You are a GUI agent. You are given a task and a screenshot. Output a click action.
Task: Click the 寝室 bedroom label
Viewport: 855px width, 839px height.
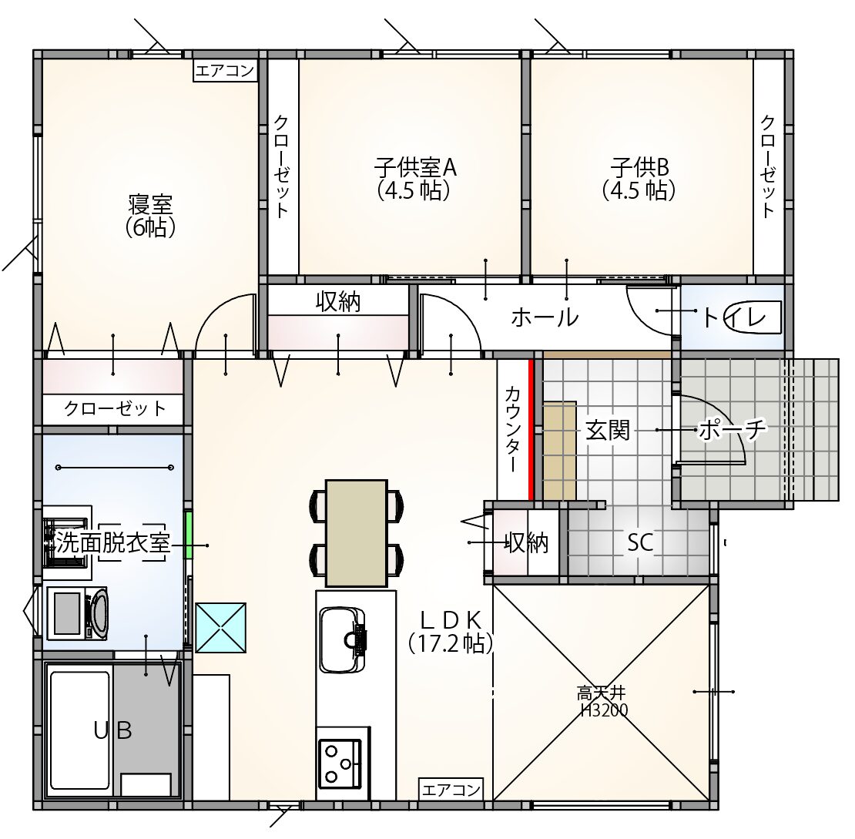150,205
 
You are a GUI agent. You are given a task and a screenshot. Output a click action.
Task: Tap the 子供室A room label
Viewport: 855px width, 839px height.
415,167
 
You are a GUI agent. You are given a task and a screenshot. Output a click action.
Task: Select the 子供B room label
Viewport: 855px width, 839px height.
639,167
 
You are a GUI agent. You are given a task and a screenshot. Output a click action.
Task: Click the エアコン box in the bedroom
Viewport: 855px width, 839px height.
225,71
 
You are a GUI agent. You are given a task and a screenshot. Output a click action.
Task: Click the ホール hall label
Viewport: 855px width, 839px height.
544,317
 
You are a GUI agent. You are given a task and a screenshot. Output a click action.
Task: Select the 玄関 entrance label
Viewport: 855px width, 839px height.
608,431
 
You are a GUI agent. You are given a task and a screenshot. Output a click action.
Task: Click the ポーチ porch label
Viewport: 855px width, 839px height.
732,429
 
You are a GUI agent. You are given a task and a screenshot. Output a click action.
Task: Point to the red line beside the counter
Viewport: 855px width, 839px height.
530,429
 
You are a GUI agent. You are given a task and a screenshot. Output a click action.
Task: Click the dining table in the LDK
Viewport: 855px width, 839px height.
356,533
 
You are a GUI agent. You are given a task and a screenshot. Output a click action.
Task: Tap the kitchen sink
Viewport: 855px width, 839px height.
343,639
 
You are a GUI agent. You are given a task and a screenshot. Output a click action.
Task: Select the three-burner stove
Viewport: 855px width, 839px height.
340,763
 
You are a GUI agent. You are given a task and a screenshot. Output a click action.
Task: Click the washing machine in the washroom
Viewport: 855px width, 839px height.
77,613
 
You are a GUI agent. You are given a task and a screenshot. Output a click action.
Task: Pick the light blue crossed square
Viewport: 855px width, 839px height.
220,627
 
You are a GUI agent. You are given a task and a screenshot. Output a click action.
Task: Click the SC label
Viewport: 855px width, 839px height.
640,542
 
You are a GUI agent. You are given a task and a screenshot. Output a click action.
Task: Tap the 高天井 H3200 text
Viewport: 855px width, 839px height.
602,702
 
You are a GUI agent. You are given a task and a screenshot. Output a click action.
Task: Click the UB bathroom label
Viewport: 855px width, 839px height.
113,730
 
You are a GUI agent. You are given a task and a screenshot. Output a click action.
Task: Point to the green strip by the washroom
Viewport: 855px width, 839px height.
189,535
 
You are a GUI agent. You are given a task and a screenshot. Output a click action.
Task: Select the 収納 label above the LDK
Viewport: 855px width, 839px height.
338,301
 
